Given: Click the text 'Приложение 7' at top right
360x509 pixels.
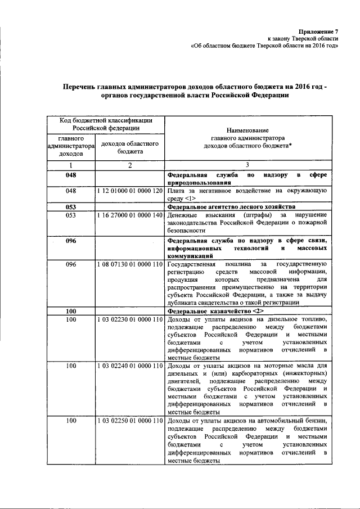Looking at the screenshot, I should pos(319,32).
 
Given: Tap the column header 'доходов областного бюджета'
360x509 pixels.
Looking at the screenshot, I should pos(130,147).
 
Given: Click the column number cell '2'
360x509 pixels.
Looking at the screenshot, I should pos(130,165).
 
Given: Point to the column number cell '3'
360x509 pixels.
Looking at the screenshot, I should pos(247,165).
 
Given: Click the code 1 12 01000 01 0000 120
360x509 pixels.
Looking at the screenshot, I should pos(130,192).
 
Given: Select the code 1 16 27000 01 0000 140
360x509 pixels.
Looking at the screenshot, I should pos(130,215).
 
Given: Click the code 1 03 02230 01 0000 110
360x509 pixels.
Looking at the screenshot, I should pos(130,319).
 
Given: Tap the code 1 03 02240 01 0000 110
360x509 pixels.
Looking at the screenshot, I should pos(130,366).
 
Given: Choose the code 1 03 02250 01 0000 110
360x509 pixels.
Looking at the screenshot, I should pos(130,421).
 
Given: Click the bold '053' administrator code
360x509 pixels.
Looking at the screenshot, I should pos(71,206).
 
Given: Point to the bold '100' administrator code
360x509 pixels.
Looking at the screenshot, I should pos(71,311).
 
